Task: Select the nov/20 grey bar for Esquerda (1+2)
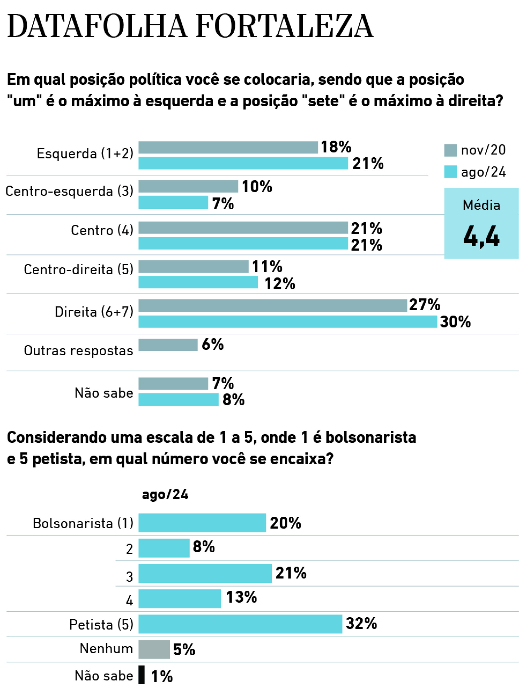(x=228, y=147)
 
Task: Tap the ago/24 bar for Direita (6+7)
(x=287, y=322)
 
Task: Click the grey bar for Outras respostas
(x=168, y=345)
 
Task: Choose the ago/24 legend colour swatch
(x=450, y=172)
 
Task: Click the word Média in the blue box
(x=481, y=206)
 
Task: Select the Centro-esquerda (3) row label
(x=69, y=191)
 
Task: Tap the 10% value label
(x=257, y=187)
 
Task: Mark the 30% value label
(x=455, y=322)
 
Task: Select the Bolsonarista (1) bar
(x=202, y=523)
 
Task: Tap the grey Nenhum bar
(x=154, y=649)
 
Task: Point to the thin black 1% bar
(x=141, y=675)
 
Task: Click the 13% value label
(x=241, y=597)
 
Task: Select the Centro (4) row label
(x=102, y=230)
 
